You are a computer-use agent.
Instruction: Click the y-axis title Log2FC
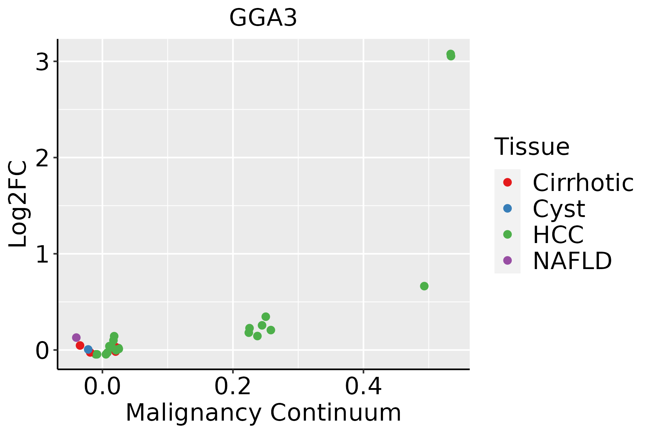[x=18, y=204]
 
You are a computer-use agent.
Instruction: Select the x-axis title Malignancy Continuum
[x=263, y=413]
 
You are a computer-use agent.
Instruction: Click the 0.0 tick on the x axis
[x=102, y=387]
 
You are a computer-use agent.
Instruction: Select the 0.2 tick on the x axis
[x=233, y=387]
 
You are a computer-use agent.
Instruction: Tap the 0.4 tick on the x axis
[x=363, y=387]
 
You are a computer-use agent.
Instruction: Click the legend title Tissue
[x=532, y=147]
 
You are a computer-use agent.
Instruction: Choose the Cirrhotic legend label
[x=583, y=183]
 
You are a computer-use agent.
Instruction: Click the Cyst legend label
[x=559, y=209]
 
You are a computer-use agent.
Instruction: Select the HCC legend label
[x=558, y=235]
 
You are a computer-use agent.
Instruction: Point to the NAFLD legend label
[x=572, y=261]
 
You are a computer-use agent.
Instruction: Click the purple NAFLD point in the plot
[x=76, y=337]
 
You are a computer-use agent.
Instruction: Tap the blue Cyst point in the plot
[x=88, y=349]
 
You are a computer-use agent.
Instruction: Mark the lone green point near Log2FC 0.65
[x=424, y=286]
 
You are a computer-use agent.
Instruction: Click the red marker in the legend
[x=507, y=182]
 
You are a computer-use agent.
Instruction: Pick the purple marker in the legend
[x=507, y=260]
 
